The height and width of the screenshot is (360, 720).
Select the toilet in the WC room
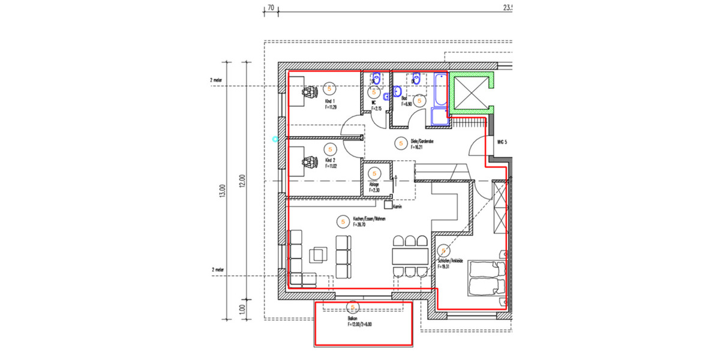(x=376, y=78)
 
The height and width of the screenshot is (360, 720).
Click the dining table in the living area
(x=410, y=257)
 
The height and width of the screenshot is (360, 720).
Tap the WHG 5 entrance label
(x=502, y=142)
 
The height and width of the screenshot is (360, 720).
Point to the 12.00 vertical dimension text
(x=242, y=181)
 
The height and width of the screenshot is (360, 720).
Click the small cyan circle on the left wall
(x=275, y=139)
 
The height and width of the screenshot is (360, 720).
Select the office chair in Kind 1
(x=309, y=92)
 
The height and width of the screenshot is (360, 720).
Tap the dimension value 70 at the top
(x=271, y=8)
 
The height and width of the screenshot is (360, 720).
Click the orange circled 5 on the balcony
(x=353, y=308)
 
